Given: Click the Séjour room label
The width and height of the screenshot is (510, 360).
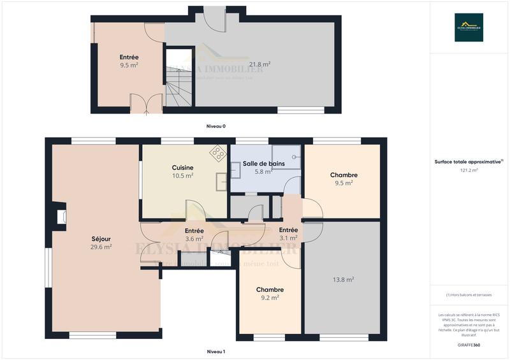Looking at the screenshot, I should (101, 239).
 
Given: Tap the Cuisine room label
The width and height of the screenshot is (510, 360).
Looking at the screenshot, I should (182, 168).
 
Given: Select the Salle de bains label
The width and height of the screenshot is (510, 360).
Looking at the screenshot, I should (263, 164).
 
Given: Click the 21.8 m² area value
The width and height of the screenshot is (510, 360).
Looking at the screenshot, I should (259, 64).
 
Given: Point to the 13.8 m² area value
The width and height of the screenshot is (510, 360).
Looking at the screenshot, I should (343, 279).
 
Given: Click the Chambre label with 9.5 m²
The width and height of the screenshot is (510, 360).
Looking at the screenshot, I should (343, 175).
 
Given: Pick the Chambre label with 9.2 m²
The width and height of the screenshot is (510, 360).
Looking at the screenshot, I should (270, 290).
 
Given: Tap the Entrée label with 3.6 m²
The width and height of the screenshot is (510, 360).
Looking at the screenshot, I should (194, 231).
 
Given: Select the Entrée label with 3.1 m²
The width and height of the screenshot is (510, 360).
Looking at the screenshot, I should (288, 230).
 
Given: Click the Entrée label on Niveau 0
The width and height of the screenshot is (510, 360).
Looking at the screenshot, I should (129, 57).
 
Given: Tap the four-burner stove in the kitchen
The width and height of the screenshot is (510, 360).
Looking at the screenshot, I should (218, 153).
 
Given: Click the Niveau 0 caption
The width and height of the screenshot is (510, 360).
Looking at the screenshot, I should (215, 126).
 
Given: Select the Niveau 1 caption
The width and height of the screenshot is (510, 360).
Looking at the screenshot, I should (215, 351).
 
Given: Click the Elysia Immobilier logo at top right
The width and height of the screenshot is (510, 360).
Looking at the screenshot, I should (469, 27).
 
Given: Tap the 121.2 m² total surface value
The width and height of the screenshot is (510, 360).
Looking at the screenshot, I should (469, 170).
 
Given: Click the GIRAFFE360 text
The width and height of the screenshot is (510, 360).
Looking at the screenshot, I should (469, 343).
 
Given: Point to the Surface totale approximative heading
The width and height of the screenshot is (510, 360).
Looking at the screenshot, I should (469, 162).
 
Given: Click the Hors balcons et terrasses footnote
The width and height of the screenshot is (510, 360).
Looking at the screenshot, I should (469, 294).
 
